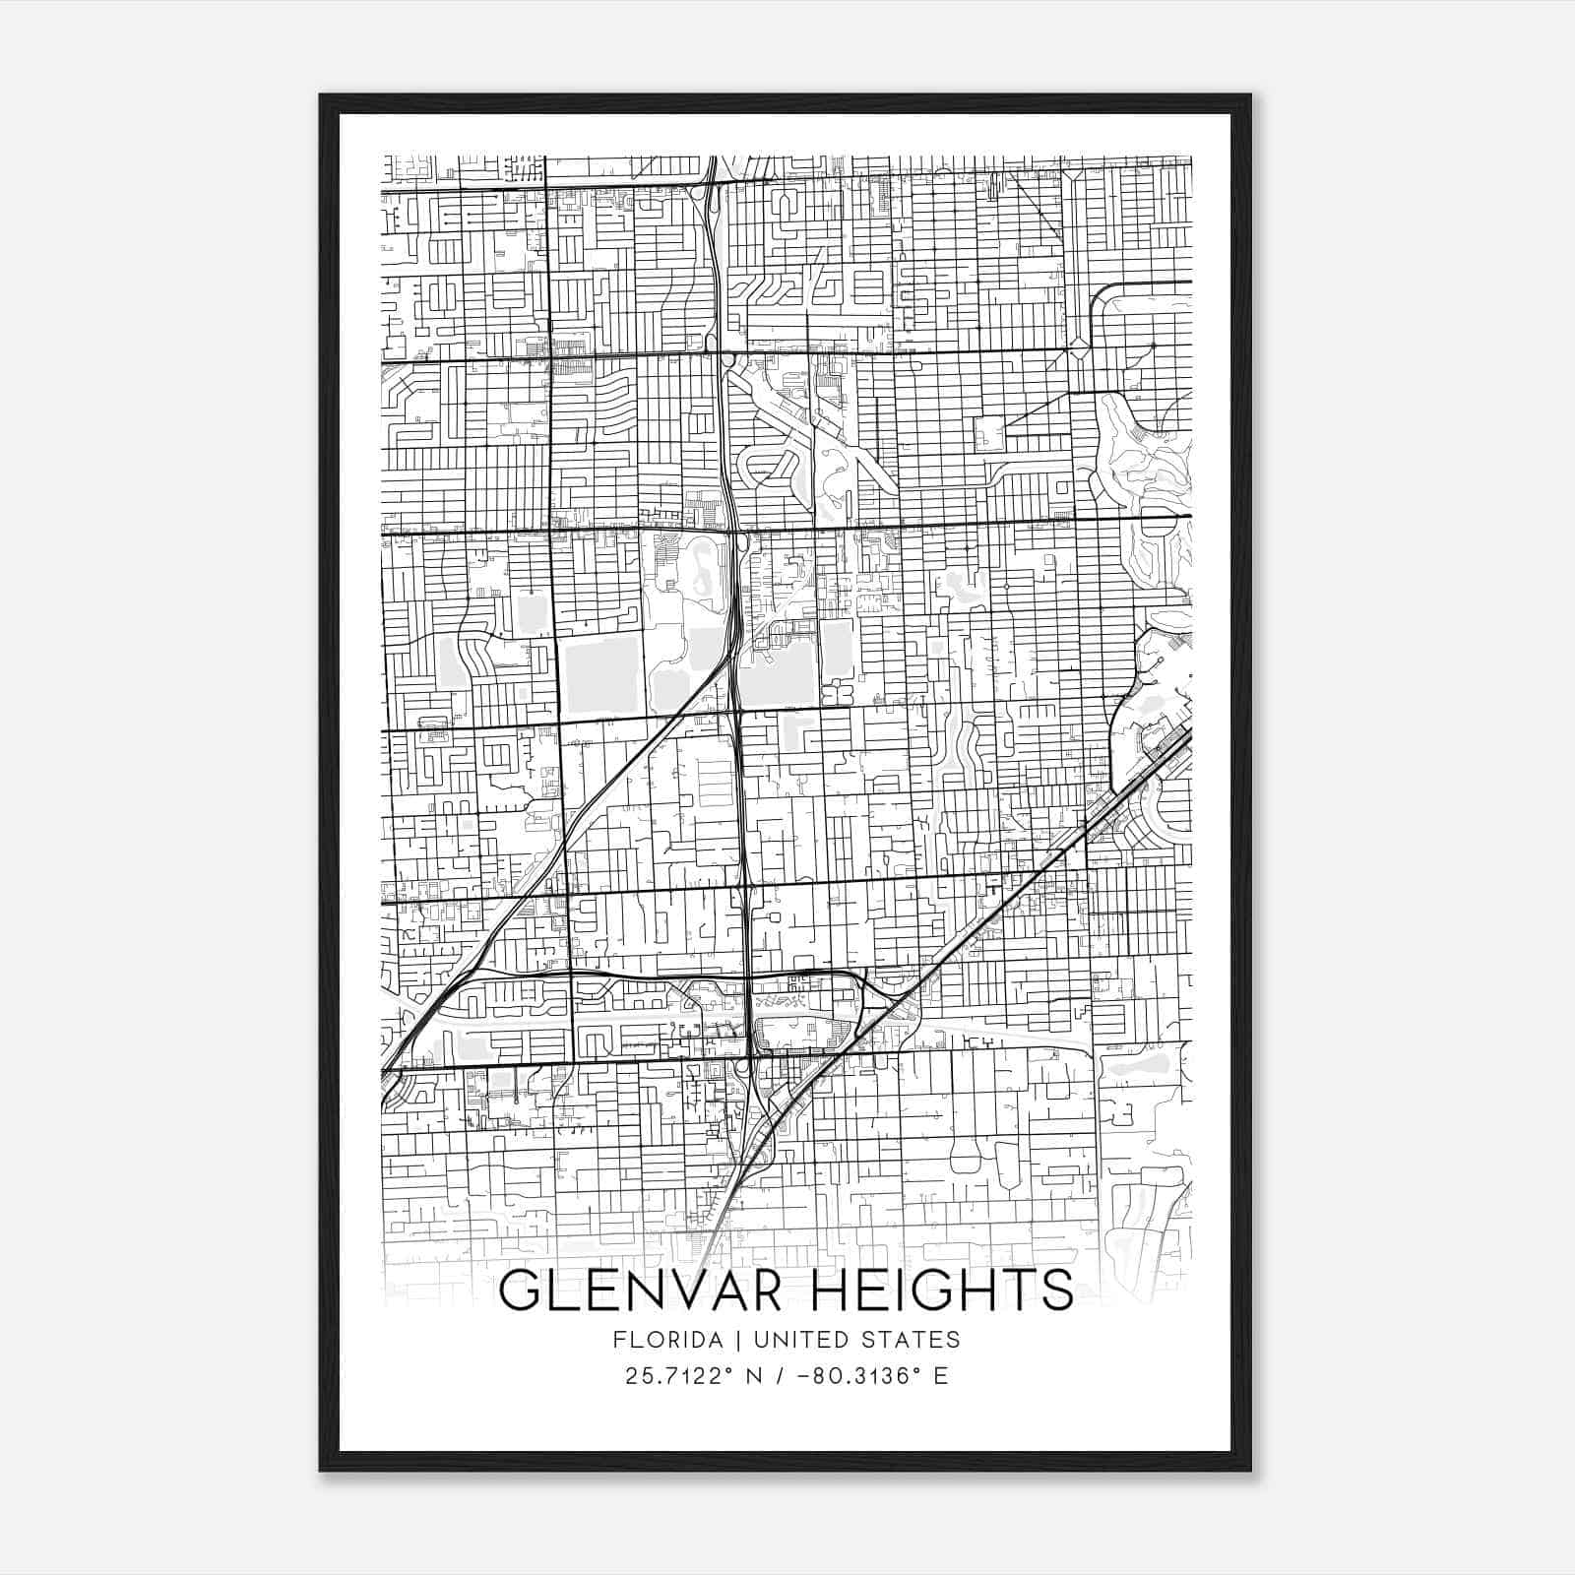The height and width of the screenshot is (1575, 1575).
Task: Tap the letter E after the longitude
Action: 941,1376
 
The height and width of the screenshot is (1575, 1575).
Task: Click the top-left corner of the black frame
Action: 321,95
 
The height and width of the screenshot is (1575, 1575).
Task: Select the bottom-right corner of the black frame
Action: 1250,1471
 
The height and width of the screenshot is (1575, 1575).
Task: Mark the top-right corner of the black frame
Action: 1250,95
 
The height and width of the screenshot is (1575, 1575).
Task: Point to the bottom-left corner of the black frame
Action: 321,1471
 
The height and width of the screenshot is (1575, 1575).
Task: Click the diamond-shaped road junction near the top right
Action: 1080,346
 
